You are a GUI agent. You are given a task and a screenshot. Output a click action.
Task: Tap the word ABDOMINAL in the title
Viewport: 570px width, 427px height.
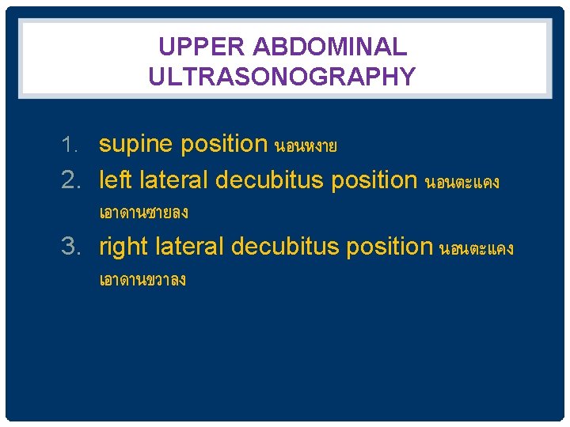[x=330, y=47]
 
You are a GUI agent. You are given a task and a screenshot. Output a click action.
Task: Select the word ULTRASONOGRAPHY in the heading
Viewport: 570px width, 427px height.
[x=282, y=77]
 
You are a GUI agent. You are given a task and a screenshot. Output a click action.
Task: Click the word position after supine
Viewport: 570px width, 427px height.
[x=224, y=145]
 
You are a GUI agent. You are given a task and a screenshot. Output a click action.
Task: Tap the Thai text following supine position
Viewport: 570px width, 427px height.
[x=306, y=146]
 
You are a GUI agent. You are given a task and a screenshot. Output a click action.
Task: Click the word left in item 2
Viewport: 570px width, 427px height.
[x=116, y=180]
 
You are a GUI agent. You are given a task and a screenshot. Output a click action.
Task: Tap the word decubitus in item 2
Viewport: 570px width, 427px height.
[x=270, y=180]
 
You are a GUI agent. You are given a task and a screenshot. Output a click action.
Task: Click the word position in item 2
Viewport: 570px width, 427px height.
[x=374, y=181]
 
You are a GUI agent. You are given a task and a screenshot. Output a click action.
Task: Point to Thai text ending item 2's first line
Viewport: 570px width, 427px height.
[x=462, y=182]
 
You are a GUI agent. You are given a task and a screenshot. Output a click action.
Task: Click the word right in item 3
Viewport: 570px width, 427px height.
[x=124, y=247]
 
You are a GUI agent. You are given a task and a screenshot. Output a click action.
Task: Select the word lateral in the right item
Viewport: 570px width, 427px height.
[x=189, y=246]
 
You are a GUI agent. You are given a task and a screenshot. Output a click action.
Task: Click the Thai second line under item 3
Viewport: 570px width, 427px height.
[x=142, y=281]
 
